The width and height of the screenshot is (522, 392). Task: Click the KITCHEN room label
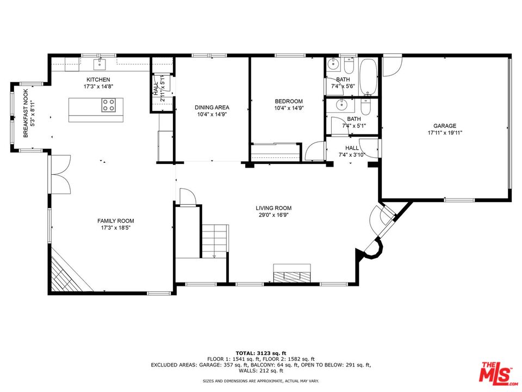98,79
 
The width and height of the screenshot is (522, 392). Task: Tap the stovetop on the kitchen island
108,105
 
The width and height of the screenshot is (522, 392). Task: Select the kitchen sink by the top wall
98,65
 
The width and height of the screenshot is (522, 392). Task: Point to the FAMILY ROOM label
115,220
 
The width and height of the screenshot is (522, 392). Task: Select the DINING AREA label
212,107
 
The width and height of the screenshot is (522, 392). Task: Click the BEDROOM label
288,101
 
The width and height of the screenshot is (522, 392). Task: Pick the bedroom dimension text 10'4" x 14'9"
288,108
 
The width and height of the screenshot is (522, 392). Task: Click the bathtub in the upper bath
370,76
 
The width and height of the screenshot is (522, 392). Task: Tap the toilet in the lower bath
366,107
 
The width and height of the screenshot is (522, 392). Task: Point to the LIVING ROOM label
274,208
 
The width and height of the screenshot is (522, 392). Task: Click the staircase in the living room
215,240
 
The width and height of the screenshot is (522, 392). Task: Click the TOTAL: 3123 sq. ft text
260,353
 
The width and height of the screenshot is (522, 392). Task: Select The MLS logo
496,373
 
